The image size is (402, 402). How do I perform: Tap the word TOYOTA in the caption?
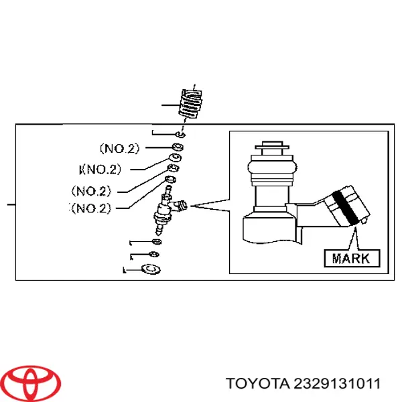(x=256, y=384)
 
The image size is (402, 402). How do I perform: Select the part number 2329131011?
(x=334, y=384)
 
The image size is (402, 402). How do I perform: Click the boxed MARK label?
(x=351, y=257)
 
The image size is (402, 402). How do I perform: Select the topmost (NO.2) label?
(x=119, y=147)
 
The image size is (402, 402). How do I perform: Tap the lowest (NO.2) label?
(x=100, y=208)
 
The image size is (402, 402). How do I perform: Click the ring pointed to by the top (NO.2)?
(x=178, y=147)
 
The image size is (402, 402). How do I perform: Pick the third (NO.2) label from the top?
(x=103, y=190)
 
